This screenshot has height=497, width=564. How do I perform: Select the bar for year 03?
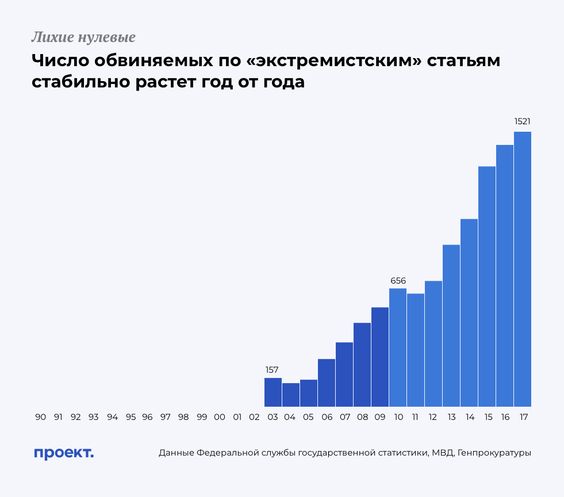pos(273,392)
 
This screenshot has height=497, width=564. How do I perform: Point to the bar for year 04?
pos(290,395)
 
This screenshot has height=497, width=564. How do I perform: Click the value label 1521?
pos(522,122)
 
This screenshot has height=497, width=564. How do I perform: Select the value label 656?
pos(398,281)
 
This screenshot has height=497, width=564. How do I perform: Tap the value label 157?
pos(273,370)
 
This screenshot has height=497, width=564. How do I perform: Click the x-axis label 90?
pos(40,417)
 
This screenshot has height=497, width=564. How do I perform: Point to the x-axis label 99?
pos(201,417)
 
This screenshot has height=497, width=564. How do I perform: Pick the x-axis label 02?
pos(254,417)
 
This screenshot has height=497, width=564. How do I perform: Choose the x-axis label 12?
pos(433,417)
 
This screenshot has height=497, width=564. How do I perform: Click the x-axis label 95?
pos(130,417)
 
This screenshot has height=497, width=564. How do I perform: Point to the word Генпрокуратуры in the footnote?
pos(495,453)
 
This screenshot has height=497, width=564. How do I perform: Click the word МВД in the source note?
pos(443,453)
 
